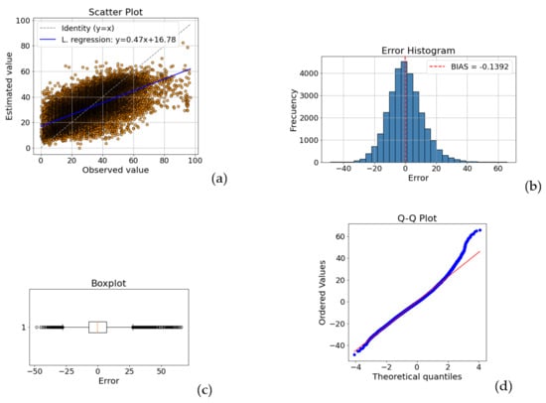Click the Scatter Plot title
click(115, 12)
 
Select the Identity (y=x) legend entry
click(77, 28)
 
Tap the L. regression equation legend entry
click(107, 40)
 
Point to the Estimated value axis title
click(9, 86)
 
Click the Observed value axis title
click(115, 170)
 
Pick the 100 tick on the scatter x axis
click(195, 161)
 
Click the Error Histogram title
click(418, 51)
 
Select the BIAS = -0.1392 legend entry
click(470, 67)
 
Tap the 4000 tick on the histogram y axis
click(309, 73)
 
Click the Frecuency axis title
click(293, 110)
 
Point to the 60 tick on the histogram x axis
click(498, 169)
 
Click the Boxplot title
click(108, 283)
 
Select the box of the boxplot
click(98, 328)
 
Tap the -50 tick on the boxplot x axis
click(35, 371)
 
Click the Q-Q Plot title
click(417, 218)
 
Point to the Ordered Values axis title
click(322, 293)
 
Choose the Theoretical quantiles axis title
click(417, 376)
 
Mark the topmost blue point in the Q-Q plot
click(480, 230)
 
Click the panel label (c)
click(205, 390)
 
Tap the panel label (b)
click(533, 187)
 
